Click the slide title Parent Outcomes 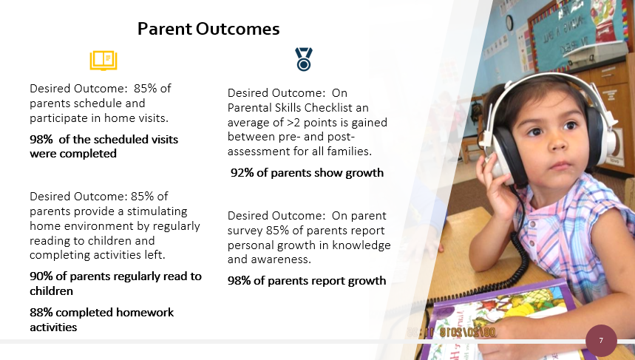tap(208, 29)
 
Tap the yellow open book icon tap(103, 61)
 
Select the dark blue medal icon tap(304, 59)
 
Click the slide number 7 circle tap(601, 340)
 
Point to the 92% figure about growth tap(242, 173)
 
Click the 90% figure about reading tap(41, 276)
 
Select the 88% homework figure tap(41, 313)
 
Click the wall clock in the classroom tap(509, 23)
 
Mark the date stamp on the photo tap(451, 333)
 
